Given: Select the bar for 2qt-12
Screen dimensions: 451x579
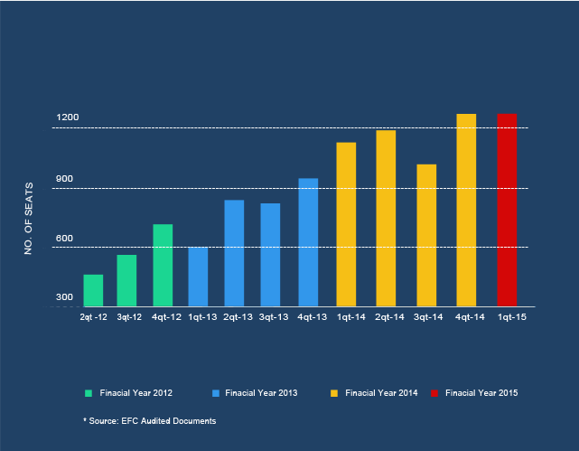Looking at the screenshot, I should (93, 290).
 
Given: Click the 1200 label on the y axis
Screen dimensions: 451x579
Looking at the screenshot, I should (68, 117).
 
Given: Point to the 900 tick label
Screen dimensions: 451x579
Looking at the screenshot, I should (64, 179).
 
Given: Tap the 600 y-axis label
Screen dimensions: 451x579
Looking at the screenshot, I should (64, 239).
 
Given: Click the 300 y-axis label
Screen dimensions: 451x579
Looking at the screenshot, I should (64, 297).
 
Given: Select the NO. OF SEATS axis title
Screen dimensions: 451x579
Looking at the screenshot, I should (28, 221).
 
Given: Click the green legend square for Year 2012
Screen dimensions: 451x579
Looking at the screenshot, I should (89, 393).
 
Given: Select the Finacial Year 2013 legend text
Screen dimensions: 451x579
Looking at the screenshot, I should (261, 393).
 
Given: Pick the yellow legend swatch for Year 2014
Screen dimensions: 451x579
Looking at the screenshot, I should (334, 393).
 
